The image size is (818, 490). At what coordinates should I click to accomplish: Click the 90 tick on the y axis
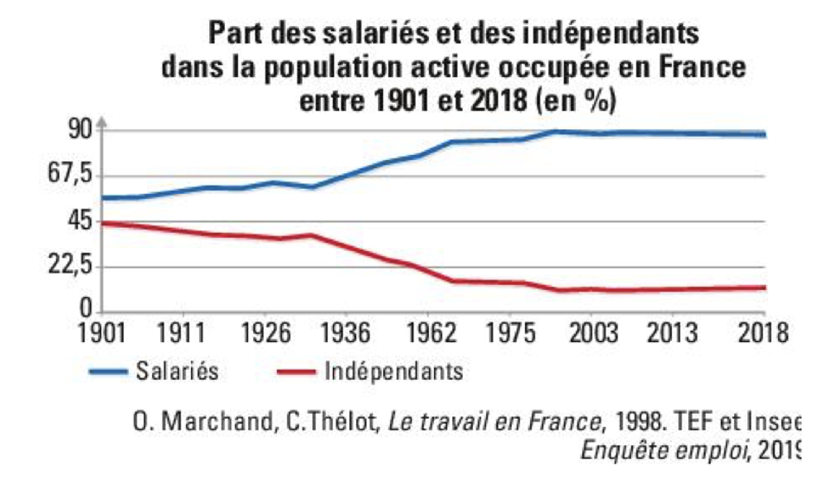click(79, 130)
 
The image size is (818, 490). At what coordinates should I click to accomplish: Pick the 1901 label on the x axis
click(100, 333)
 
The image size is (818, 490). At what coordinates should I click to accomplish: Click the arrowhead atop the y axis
click(101, 123)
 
